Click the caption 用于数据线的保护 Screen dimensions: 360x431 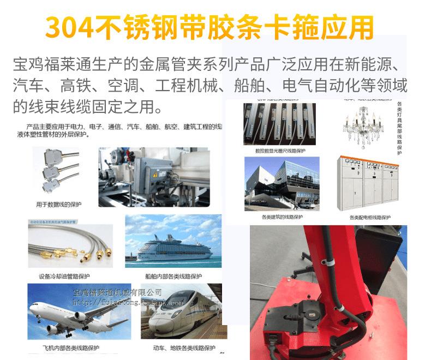59,205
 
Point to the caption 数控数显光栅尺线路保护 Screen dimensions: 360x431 280,151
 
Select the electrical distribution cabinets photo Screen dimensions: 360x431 369,184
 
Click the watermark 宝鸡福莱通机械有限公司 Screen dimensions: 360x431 118,293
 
